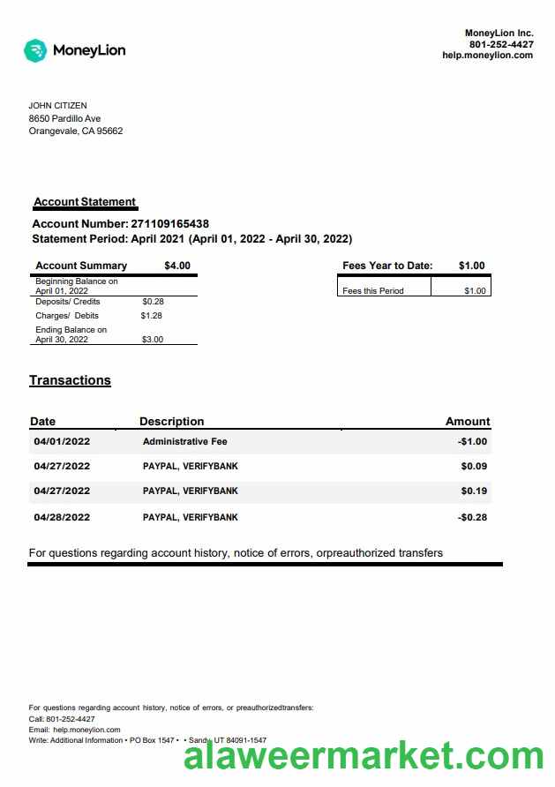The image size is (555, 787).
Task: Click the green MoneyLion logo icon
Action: tap(35, 50)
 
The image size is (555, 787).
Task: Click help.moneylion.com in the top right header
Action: tap(487, 55)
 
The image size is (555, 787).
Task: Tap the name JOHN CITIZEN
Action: tap(57, 106)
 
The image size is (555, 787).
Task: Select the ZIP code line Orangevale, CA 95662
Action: tap(76, 131)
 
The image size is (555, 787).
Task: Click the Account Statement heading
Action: tap(85, 202)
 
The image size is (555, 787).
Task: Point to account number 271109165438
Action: tap(169, 224)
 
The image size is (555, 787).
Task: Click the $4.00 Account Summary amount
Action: tap(176, 266)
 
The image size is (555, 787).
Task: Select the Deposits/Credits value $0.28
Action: tap(153, 302)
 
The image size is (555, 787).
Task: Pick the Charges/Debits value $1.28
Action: tap(152, 316)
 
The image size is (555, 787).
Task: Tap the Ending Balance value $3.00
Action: tap(153, 340)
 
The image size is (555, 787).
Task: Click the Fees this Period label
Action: tap(372, 291)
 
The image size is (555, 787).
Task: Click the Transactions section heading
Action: tap(70, 380)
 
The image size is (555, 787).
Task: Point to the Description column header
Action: tap(171, 422)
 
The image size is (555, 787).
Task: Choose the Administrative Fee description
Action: tap(184, 442)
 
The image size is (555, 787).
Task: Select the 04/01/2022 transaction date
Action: tap(62, 442)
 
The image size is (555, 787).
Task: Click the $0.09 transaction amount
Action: tap(474, 467)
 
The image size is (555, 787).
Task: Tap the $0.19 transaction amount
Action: tap(474, 491)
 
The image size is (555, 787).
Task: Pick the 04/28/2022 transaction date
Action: tap(62, 518)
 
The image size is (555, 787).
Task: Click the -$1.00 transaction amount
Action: tap(472, 442)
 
